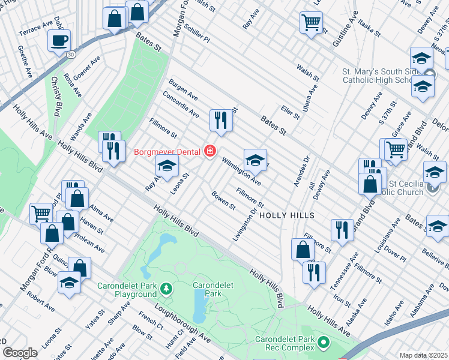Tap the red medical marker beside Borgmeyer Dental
tap(209, 151)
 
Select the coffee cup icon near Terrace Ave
tap(59, 41)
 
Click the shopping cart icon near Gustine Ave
tap(312, 23)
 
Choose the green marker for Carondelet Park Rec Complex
tap(324, 343)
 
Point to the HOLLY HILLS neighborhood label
tap(288, 214)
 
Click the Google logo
tap(20, 353)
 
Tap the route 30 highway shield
tap(71, 55)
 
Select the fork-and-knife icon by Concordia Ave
tap(221, 120)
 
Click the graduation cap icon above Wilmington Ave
tap(255, 160)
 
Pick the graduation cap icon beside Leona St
tap(167, 166)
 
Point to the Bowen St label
tap(223, 200)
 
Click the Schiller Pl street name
tap(197, 34)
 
